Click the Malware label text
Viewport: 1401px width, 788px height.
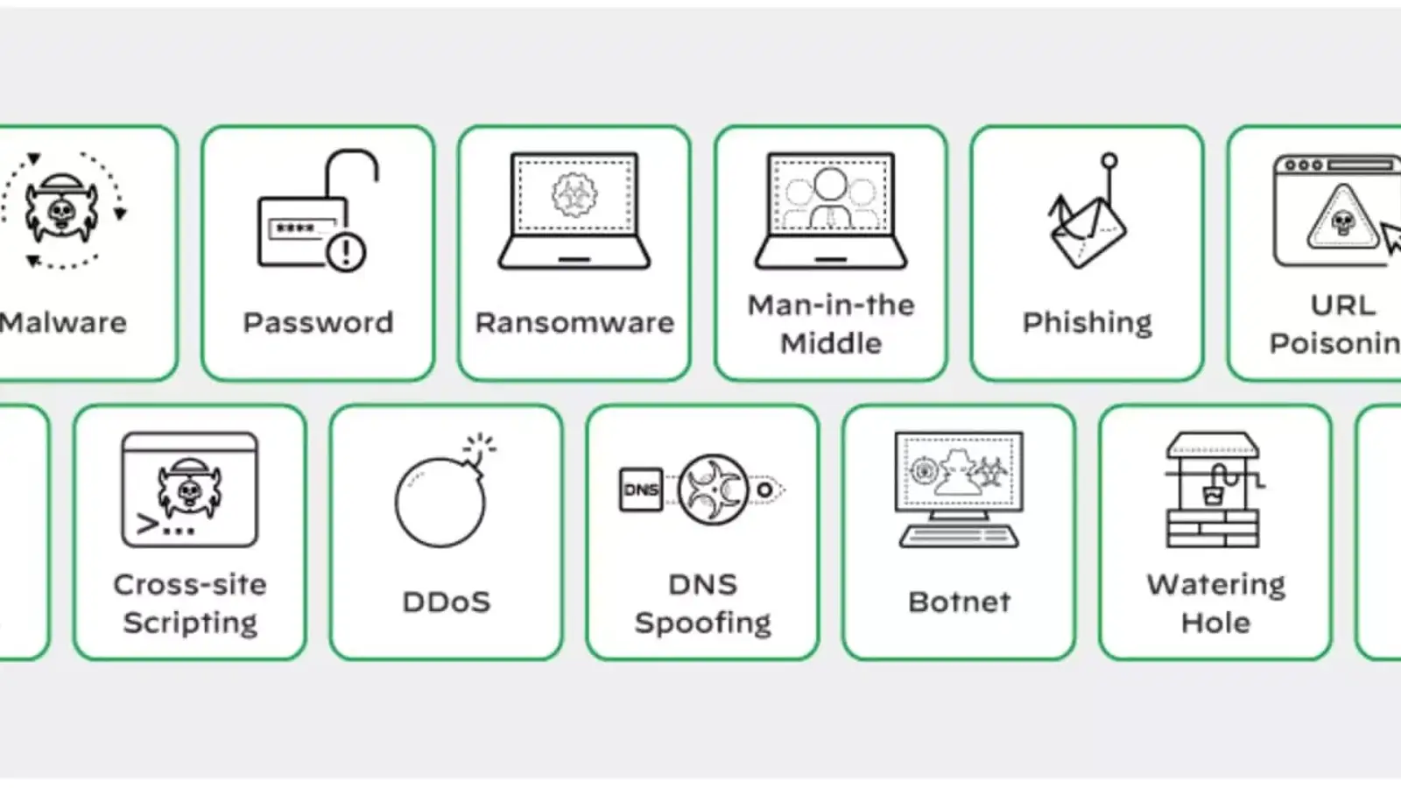[63, 322]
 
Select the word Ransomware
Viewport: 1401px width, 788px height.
[574, 322]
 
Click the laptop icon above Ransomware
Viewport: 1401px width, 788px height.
[574, 210]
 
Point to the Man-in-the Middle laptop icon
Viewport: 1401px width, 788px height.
[831, 210]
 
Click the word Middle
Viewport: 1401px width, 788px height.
[831, 343]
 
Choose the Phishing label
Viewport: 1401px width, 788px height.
[1088, 322]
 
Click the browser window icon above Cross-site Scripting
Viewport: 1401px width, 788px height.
[190, 489]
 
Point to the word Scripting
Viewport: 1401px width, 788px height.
[190, 623]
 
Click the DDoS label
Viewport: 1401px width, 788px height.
[447, 602]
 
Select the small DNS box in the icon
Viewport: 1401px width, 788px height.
[641, 490]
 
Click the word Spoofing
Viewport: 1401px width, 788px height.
[703, 623]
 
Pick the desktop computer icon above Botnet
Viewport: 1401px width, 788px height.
[959, 489]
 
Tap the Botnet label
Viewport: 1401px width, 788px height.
[959, 602]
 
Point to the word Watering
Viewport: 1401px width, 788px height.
[1215, 584]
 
